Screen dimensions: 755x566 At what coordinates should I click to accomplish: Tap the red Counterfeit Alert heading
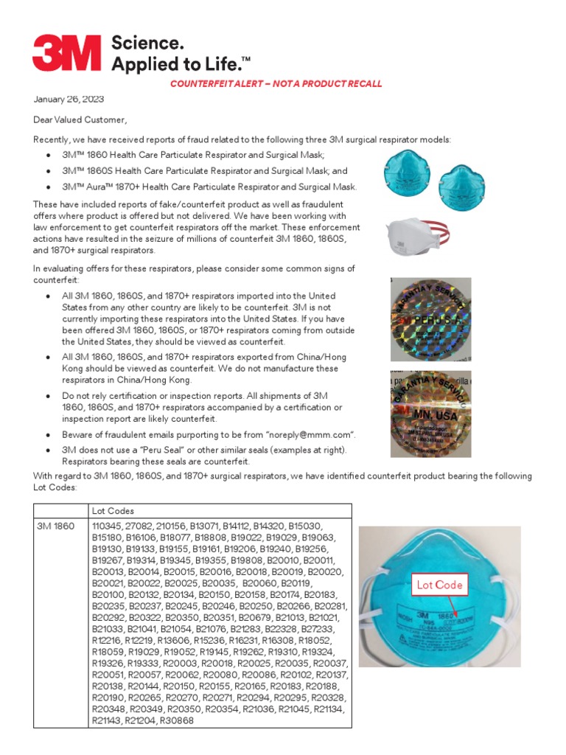point(276,84)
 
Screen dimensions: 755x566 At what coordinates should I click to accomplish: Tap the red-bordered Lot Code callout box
point(440,585)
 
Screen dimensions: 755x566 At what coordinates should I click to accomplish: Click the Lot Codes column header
point(112,511)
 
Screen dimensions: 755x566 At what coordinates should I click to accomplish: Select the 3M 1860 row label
point(57,526)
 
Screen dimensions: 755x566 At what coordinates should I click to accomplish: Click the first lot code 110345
point(108,526)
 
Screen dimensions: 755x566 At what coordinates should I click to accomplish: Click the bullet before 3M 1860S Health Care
point(48,171)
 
